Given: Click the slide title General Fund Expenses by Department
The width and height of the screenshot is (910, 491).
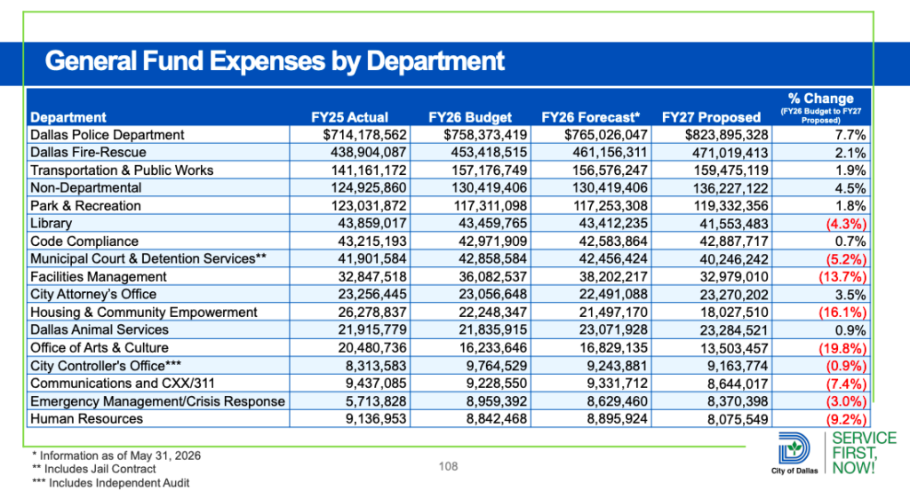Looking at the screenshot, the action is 275,61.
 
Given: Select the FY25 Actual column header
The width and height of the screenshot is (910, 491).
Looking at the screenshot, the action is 349,117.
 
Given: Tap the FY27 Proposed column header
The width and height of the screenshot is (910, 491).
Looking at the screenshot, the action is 711,117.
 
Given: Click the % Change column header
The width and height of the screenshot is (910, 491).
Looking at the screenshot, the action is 820,107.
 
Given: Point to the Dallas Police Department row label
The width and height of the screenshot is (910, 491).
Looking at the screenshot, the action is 108,134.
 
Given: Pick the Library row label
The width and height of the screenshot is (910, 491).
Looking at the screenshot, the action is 51,223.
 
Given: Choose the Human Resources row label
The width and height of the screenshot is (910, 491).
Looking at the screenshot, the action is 86,418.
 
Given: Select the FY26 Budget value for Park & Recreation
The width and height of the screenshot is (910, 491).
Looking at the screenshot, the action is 490,206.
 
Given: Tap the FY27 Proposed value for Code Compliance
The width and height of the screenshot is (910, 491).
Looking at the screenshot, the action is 733,242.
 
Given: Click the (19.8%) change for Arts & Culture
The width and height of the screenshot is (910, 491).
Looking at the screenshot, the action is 842,348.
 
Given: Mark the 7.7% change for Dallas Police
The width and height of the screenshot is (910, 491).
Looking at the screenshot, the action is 850,135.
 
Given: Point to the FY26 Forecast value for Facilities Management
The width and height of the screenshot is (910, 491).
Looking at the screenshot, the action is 613,276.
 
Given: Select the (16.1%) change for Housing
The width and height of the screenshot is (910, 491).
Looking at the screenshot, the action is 842,313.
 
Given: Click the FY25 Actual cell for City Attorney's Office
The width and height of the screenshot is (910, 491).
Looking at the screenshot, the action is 372,295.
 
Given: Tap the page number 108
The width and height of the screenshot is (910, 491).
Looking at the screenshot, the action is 448,466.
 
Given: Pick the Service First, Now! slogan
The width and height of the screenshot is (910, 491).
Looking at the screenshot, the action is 864,454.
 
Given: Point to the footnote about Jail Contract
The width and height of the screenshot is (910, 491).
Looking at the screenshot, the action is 94,469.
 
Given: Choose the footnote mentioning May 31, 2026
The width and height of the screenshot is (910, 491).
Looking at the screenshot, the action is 116,455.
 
